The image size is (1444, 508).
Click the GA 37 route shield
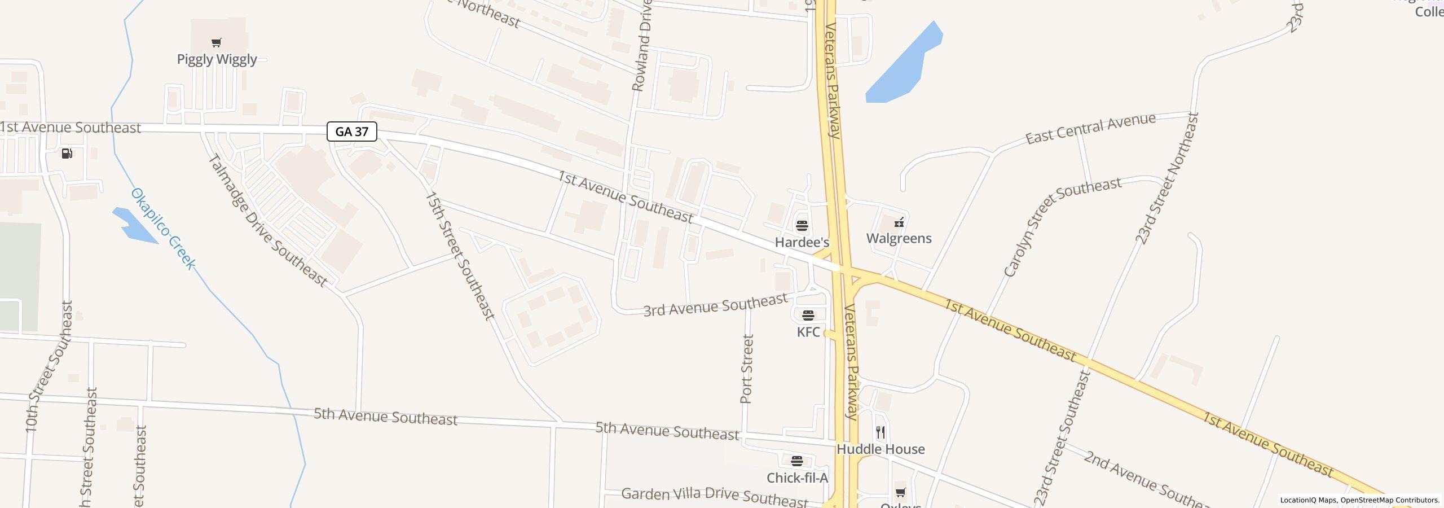pos(351,132)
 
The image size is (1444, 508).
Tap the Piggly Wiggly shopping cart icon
pos(217,42)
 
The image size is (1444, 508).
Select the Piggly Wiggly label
pos(217,59)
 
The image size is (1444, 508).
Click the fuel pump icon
pos(67,154)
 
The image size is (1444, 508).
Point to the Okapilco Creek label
pos(163,229)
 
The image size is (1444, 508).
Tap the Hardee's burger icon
pos(802,226)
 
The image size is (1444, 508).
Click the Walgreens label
pos(899,238)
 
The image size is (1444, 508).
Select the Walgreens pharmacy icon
pos(899,222)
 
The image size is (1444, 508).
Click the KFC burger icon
pos(808,315)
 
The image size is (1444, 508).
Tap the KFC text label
pos(808,332)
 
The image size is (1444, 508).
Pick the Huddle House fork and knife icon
pos(881,432)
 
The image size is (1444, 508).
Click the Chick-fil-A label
pos(797,478)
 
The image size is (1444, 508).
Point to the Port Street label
pos(747,369)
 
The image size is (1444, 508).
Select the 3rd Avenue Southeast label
pos(715,305)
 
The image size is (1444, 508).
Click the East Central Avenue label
pos(1090,128)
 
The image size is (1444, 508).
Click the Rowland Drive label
pos(642,45)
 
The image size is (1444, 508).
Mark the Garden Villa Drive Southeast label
pos(714,496)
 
